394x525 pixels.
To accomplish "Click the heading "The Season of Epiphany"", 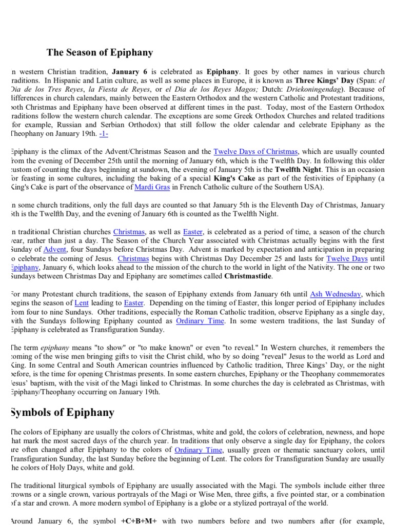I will click(100, 52).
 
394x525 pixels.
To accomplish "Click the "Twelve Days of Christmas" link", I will click(255, 151).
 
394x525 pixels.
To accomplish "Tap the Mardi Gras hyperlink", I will click(152, 187).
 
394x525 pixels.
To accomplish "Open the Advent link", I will click(55, 249).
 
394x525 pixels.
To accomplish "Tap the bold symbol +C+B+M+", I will click(139, 521).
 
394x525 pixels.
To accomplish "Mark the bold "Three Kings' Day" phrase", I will click(323, 80).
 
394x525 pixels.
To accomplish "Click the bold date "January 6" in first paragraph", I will click(130, 71).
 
